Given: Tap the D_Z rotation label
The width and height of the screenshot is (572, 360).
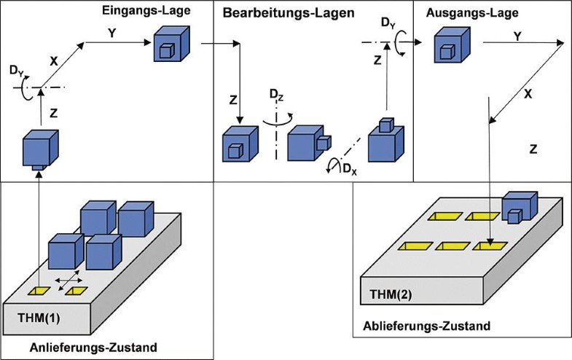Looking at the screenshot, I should (x=278, y=95).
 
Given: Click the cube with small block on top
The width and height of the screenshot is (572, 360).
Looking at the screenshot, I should (x=385, y=141).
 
